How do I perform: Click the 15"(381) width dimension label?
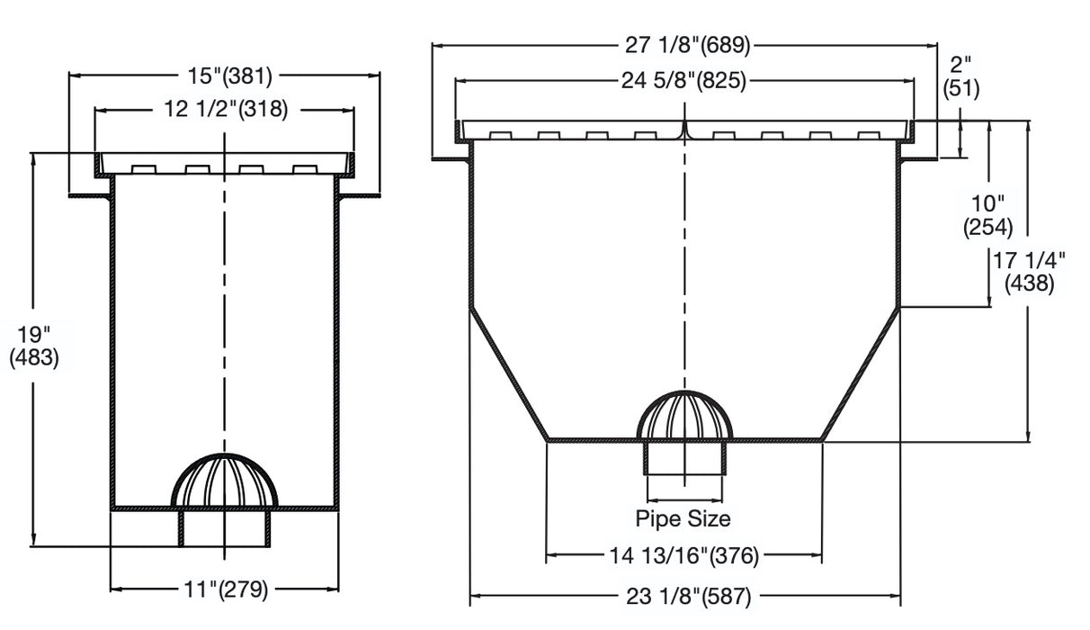coord(225,76)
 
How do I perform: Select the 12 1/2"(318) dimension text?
coord(225,110)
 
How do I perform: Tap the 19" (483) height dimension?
coord(33,346)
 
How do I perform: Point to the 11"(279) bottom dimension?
coord(225,590)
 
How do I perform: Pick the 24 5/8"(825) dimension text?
coord(684,81)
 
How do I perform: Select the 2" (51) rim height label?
coord(960,76)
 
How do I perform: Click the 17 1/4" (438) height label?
coord(1029,272)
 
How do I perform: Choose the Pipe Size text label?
coord(683,519)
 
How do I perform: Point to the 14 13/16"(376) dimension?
coord(684,556)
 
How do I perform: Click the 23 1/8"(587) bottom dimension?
coord(684,595)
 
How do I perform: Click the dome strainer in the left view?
coord(225,481)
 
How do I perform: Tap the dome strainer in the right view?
coord(685,416)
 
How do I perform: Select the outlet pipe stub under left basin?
coord(225,528)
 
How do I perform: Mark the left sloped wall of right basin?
coord(508,373)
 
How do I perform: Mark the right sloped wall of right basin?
coord(862,373)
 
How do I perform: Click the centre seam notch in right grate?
coord(685,132)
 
